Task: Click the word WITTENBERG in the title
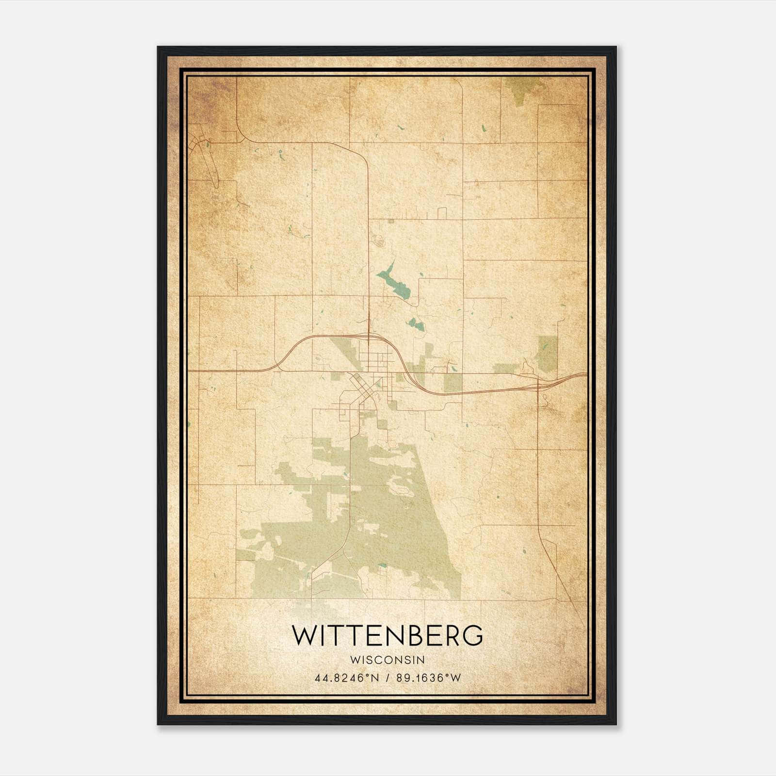[388, 635]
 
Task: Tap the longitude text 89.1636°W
[428, 678]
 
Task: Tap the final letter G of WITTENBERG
[473, 635]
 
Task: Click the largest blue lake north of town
[394, 284]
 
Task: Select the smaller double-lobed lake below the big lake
[416, 324]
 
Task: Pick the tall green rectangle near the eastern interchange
[547, 353]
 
